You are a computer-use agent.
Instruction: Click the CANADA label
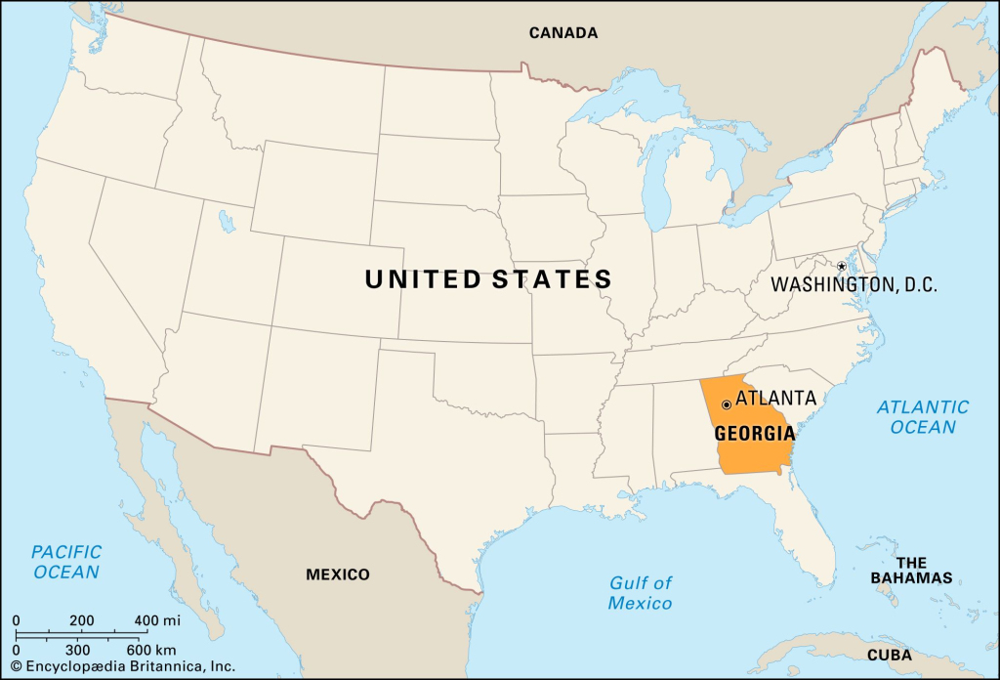[563, 33]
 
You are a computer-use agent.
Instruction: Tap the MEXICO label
[338, 574]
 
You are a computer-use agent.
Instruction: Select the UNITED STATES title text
[488, 279]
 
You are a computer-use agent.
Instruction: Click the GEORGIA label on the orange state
[753, 434]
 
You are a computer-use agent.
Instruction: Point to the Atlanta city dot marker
[727, 404]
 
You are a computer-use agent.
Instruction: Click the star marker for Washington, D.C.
[841, 267]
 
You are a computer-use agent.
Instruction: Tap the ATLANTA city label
[775, 399]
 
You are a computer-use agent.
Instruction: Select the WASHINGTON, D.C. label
[854, 285]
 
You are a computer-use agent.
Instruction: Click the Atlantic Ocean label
[923, 416]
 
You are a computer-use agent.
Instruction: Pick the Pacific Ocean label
[66, 562]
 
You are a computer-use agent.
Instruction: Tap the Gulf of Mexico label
[641, 593]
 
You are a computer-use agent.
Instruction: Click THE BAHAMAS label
[911, 571]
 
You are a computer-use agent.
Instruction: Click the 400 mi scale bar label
[158, 620]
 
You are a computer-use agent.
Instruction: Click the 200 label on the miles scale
[81, 620]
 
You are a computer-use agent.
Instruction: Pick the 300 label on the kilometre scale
[77, 650]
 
